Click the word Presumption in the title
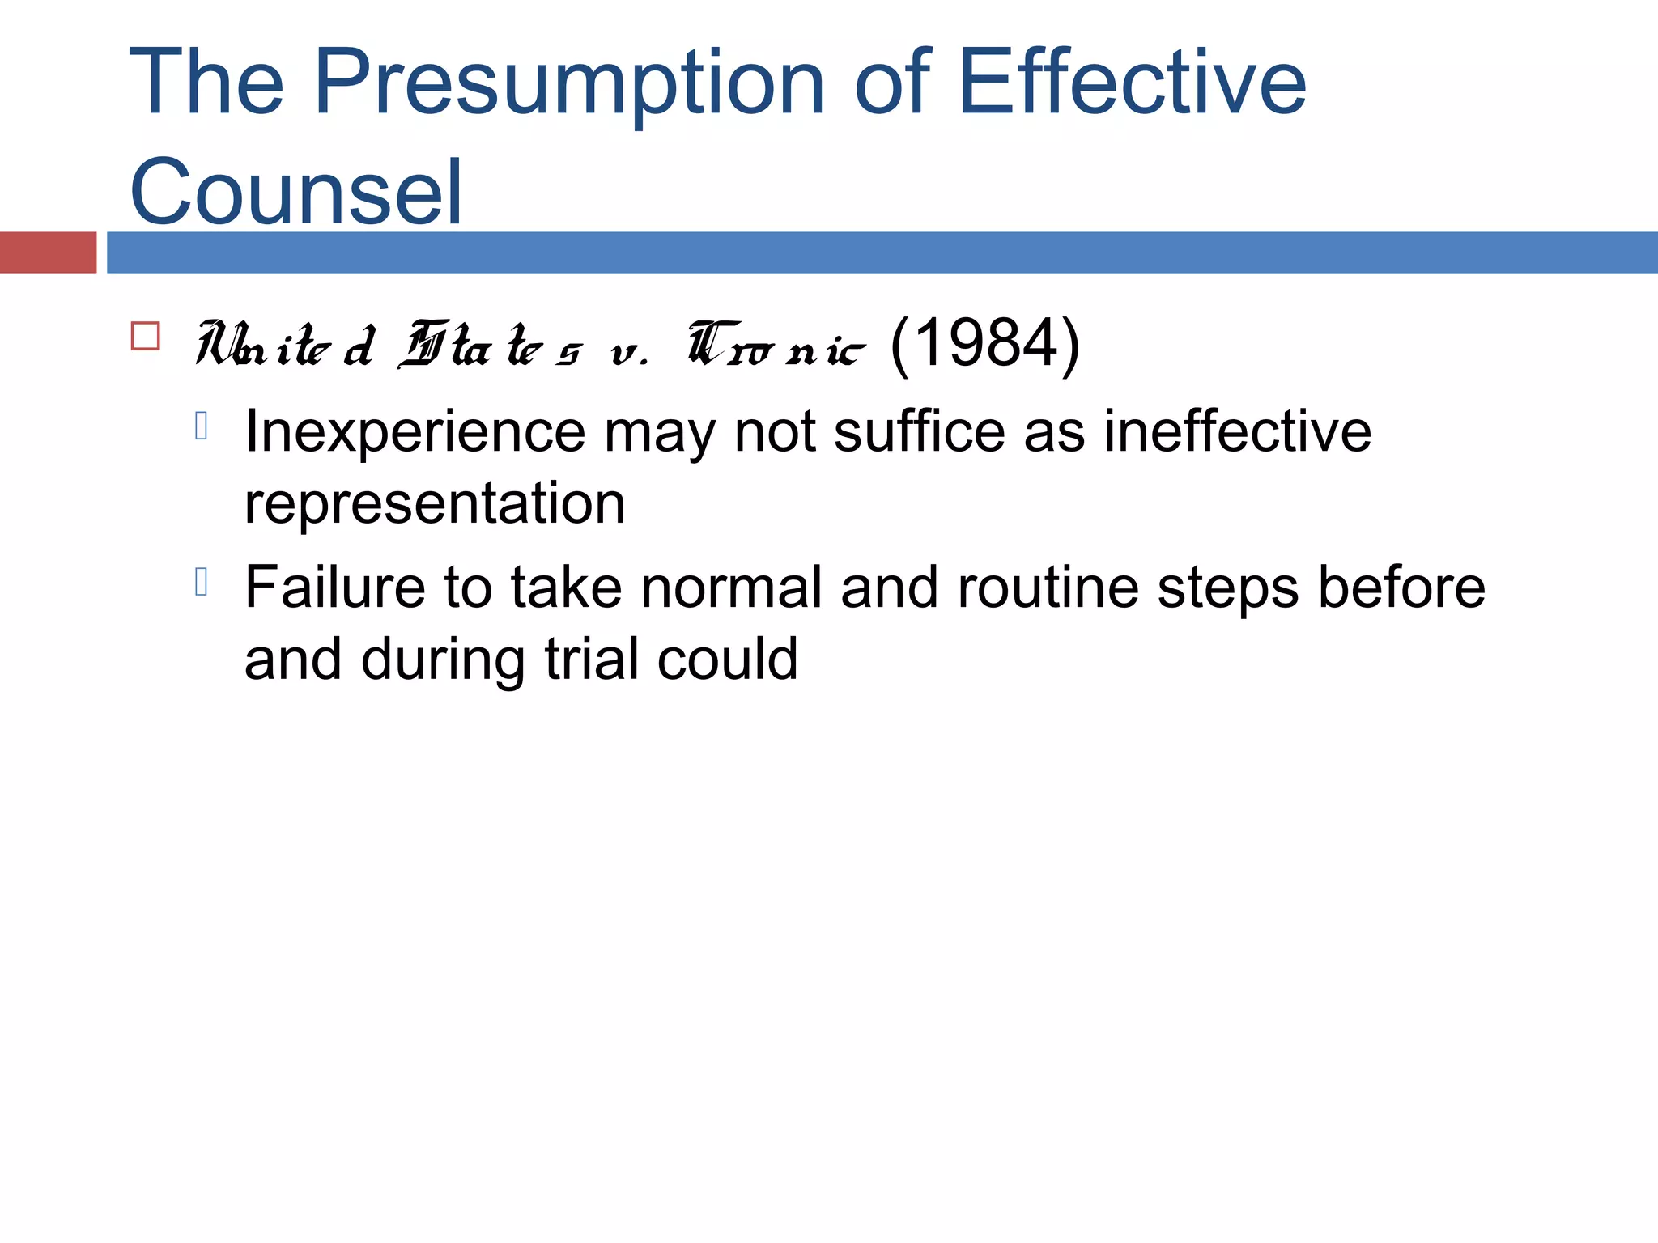568,83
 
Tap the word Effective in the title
1131,83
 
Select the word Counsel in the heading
296,193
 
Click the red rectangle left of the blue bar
48,252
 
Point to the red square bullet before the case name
146,336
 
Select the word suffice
919,431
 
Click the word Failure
334,588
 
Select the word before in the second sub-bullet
1401,588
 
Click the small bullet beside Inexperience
202,426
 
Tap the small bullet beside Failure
202,582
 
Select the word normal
731,588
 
